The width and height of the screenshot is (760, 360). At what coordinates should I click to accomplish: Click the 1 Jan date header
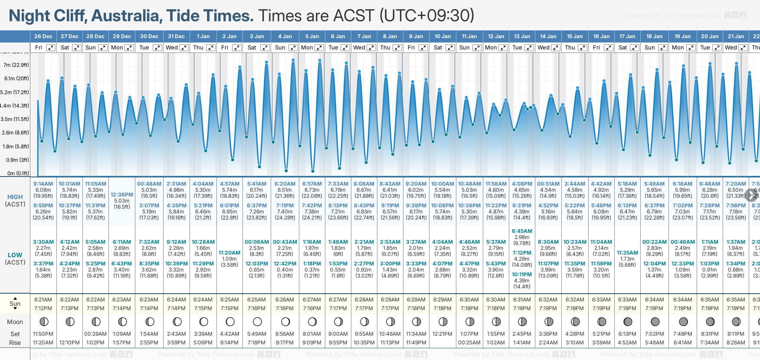coord(203,36)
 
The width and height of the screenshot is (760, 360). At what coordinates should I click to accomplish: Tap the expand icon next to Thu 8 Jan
coord(397,48)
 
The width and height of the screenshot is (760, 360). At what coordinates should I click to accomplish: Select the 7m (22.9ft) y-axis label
coord(16,65)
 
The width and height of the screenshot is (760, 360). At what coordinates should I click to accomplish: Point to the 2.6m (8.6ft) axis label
coord(16,133)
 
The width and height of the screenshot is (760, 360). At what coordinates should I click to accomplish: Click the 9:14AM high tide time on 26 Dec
coord(43,184)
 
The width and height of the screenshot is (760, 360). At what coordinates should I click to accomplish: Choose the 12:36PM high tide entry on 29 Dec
coord(122,195)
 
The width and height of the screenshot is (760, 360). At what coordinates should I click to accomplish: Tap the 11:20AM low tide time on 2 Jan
coord(229,253)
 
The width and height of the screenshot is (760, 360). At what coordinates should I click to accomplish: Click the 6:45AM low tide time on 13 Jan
coord(522,231)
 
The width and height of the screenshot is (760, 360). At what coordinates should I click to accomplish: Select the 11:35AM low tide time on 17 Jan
coord(627,253)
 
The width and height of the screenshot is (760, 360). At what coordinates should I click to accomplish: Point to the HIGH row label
coord(15,197)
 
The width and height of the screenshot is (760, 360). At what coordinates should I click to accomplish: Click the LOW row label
coord(15,255)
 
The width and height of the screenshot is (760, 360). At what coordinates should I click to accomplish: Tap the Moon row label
coord(15,322)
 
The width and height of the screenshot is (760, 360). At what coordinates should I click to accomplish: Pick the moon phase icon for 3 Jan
coord(257,322)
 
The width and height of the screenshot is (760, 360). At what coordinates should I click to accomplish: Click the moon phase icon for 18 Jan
coord(655,322)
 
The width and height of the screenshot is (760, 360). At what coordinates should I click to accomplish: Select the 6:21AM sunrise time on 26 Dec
coord(43,300)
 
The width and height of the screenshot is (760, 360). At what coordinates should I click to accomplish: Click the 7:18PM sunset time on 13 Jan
coord(522,308)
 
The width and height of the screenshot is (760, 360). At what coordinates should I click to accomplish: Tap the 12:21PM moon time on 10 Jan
coord(442,334)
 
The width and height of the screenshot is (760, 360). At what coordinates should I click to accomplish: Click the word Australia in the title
coord(127,16)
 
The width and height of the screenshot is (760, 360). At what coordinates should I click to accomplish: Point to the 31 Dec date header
coord(176,36)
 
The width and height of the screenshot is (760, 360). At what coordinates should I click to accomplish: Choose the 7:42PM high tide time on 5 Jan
coord(312,206)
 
